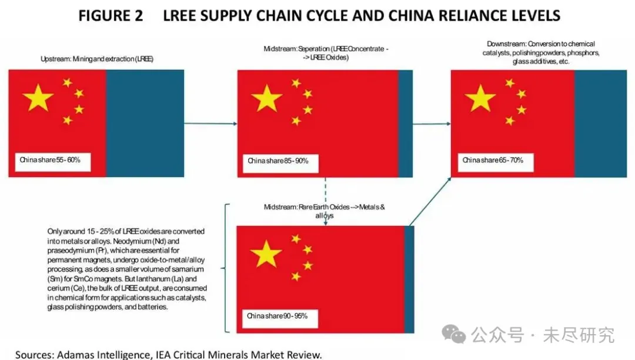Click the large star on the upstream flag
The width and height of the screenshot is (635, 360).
(x=39, y=97)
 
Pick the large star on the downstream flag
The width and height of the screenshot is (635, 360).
(x=480, y=98)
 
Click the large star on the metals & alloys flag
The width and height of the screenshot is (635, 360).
(x=266, y=254)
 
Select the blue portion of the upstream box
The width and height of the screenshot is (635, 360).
(x=145, y=123)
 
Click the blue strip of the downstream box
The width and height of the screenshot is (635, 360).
(x=596, y=123)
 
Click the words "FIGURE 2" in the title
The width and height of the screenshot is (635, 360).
(x=111, y=16)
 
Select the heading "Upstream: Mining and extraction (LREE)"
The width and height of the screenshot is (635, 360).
(x=97, y=59)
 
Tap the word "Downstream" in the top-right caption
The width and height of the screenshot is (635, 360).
(x=506, y=44)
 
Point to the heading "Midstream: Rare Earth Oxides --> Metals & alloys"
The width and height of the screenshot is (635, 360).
(x=325, y=211)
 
